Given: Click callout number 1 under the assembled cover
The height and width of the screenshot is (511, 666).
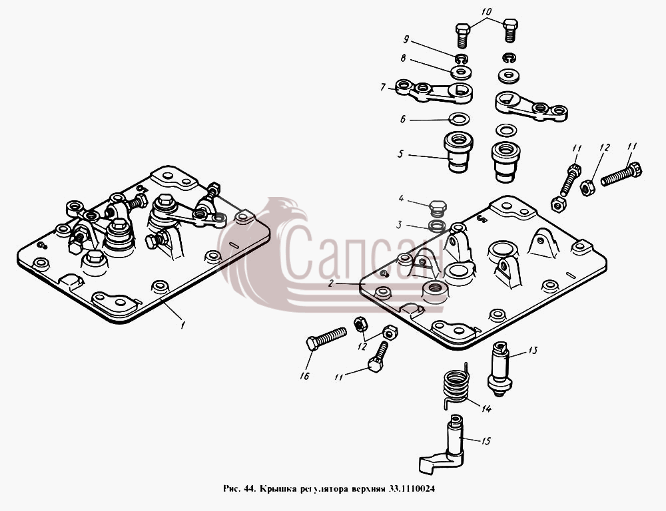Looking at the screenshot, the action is pos(182,325).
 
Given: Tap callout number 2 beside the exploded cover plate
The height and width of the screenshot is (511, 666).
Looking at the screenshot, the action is pos(331,283).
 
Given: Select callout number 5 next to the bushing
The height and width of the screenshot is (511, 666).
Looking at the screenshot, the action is pos(400,154).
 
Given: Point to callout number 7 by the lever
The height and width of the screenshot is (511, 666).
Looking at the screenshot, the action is pos(383,87).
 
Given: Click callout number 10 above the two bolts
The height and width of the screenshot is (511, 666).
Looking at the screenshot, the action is pos(486,11).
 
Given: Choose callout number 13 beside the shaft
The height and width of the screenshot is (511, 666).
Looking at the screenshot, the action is pos(533,350).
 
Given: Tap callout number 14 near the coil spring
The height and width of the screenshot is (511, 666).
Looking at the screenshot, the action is pos(486,409).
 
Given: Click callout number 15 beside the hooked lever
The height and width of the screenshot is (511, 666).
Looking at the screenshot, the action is pos(486,441).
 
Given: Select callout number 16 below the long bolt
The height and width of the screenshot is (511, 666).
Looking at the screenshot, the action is pos(304,376).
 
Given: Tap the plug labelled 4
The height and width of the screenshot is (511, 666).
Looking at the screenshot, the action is pos(438,208).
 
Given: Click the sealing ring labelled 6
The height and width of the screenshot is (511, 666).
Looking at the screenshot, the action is pos(459,119).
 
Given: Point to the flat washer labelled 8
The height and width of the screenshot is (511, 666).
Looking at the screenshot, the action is pos(461,72).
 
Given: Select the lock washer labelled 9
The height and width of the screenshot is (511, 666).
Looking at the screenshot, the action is pos(461,59).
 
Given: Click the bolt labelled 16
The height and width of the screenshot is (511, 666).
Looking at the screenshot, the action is pos(326,338).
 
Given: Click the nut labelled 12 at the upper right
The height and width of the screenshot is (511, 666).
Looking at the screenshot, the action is pos(587,187).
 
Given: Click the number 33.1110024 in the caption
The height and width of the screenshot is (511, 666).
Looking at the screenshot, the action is pos(411,488).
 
